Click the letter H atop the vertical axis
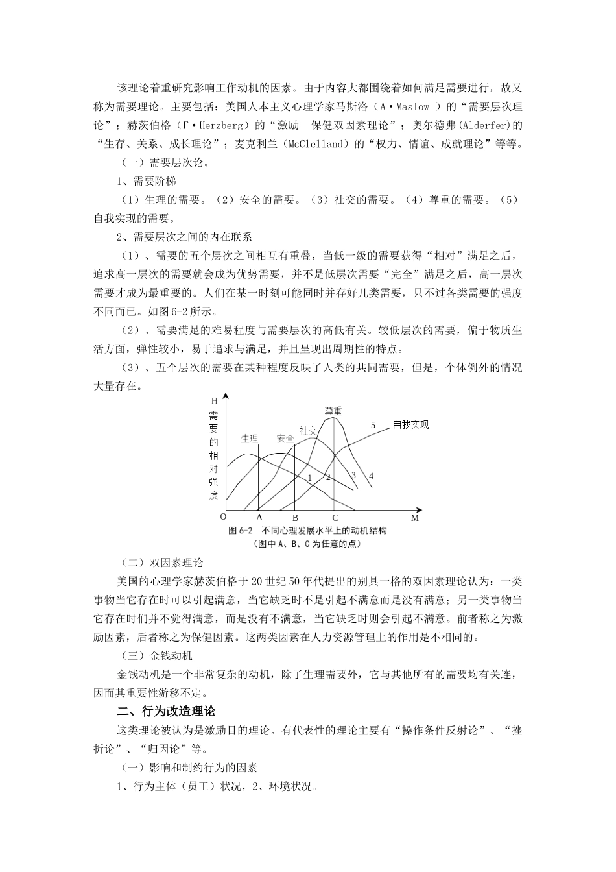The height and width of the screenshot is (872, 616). (215, 401)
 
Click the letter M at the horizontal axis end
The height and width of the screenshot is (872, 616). (415, 518)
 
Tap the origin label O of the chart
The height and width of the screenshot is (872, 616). (223, 517)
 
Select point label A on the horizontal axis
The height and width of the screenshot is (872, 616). (259, 518)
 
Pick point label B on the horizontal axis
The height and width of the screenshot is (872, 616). (295, 518)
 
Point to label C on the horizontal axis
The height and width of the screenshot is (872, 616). (335, 518)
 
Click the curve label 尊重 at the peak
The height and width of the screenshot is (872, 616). (333, 411)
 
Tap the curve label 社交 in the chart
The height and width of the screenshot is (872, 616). (308, 430)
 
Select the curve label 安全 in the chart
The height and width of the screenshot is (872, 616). (285, 438)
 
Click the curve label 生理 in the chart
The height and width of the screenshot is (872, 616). (250, 438)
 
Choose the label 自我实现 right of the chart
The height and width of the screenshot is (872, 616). (410, 425)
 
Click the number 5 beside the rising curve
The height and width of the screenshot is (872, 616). (373, 425)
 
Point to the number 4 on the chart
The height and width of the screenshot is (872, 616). (371, 476)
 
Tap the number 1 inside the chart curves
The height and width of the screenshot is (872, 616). (310, 478)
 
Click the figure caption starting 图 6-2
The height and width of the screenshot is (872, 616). (307, 531)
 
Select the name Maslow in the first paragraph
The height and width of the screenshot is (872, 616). (413, 106)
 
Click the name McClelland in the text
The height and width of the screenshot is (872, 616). (313, 144)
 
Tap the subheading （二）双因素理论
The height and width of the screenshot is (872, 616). (161, 562)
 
